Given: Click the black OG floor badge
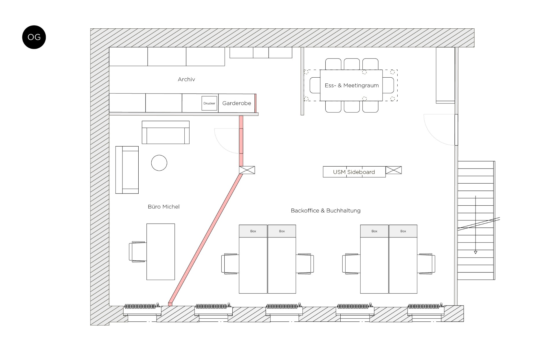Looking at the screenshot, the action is [34, 37].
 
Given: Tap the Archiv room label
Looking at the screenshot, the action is [186, 79].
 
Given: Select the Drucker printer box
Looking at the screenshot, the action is [209, 103].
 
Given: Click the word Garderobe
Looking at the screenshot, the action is [236, 103].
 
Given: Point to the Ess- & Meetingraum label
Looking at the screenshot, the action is [352, 85].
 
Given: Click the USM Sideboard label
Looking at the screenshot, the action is [354, 172].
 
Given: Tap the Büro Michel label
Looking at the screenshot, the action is [164, 207].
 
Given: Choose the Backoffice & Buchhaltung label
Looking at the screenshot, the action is [326, 211].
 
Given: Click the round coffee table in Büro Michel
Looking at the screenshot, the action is [159, 163].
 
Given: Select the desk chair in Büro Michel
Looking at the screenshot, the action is [137, 252].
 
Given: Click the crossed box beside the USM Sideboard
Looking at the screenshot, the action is [394, 170].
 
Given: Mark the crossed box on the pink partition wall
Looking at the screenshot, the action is [247, 170].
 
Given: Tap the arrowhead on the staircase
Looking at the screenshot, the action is [476, 253].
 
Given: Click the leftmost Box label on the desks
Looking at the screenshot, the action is [253, 231].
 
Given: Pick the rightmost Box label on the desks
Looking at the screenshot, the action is [403, 231].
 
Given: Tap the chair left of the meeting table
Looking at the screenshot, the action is [315, 85].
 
